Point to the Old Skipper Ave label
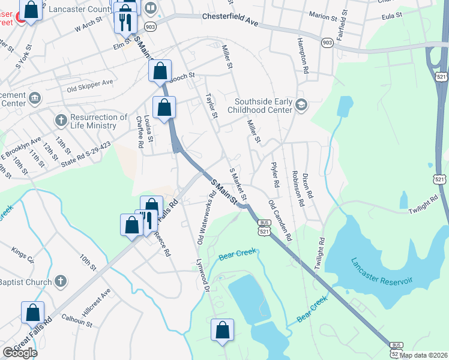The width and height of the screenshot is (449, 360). [x=90, y=85]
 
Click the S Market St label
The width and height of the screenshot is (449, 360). [x=238, y=184]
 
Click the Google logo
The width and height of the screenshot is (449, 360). [x=20, y=353]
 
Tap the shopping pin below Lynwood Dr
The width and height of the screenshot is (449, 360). [x=223, y=330]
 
